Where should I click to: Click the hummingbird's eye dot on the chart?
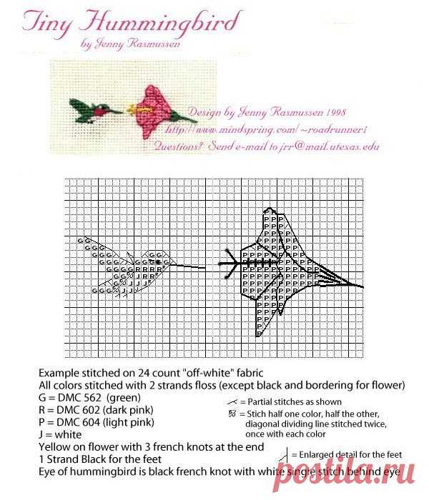pyautogui.click(x=159, y=262)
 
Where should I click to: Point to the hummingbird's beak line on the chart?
pyautogui.click(x=186, y=267)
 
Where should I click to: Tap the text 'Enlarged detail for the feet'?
pyautogui.click(x=351, y=454)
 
